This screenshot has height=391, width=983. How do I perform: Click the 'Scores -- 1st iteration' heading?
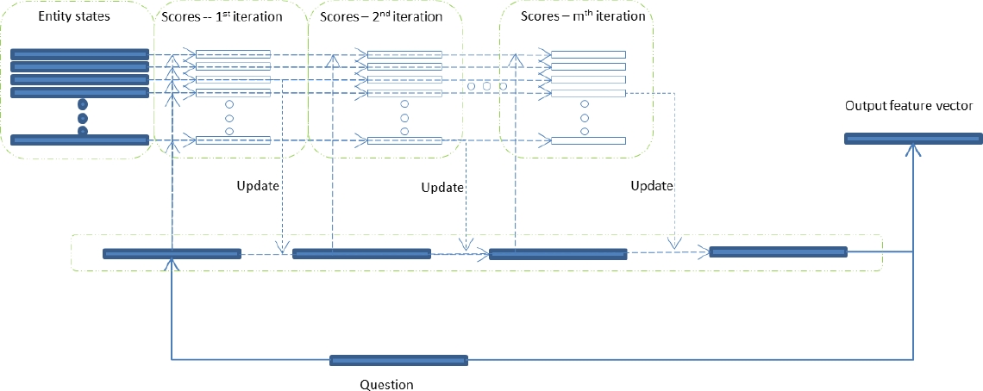[x=222, y=16]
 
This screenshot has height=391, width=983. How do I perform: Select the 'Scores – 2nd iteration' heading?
[x=380, y=16]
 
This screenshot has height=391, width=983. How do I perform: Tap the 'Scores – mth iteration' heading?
[x=583, y=16]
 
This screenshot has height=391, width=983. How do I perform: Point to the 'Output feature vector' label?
[x=909, y=106]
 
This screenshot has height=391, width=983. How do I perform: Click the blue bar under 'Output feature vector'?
[x=912, y=139]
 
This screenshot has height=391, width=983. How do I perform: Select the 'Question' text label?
[x=386, y=385]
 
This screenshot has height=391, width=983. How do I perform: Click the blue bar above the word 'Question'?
[x=399, y=360]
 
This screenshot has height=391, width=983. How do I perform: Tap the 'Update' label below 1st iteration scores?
[x=259, y=185]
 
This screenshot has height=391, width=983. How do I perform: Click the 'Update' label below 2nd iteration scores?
[x=443, y=188]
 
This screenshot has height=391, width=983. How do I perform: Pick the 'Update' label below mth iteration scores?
[x=652, y=185]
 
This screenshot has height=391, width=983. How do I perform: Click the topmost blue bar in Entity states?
[x=79, y=54]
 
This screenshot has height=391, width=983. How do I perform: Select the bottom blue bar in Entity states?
[x=79, y=140]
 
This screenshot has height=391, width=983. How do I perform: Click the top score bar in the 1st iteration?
[x=233, y=55]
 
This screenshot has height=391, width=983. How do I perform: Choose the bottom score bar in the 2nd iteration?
[x=404, y=140]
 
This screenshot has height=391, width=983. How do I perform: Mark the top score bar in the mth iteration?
[x=588, y=55]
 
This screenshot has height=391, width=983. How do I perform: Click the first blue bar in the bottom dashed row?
[x=172, y=253]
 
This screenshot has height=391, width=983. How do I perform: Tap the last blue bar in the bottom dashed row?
[x=778, y=251]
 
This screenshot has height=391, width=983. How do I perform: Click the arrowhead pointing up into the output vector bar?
[x=912, y=149]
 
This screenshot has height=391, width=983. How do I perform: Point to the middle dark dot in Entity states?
[x=83, y=117]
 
